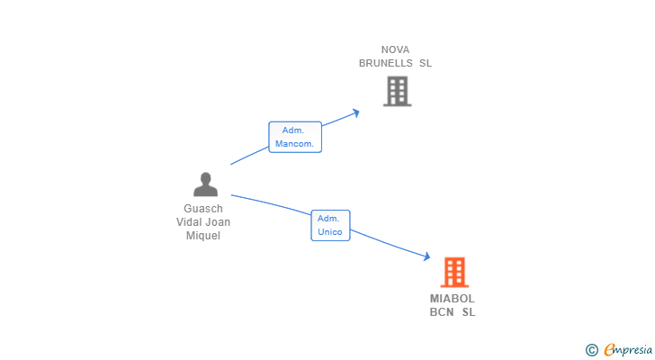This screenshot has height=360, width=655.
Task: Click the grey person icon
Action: point(205,184)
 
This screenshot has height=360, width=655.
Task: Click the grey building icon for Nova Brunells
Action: point(398,91)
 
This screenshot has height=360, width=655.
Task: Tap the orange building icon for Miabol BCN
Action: point(454,273)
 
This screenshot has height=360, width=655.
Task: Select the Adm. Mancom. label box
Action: point(295,137)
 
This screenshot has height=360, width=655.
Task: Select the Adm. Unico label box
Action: point(330,226)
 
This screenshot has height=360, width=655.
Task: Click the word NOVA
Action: point(395,49)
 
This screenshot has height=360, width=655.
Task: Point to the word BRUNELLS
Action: point(386,63)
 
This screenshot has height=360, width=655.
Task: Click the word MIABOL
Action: point(452,299)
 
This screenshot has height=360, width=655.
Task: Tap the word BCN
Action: point(442,312)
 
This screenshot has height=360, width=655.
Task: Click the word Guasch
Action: point(203,209)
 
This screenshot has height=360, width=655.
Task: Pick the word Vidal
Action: point(189,221)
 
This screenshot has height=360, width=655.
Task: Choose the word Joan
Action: point(218,221)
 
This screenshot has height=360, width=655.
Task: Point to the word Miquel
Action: point(203,236)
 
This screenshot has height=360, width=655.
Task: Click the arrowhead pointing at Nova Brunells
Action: point(356,112)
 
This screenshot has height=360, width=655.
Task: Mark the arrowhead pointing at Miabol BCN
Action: point(426,256)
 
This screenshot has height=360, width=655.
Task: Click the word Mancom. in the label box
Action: point(294,144)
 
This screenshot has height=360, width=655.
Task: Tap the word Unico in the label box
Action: point(330,232)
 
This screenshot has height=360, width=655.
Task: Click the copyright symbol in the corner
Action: point(591,350)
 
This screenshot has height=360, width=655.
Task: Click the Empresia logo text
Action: point(628,350)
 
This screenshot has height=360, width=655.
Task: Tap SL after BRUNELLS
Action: point(426,63)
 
